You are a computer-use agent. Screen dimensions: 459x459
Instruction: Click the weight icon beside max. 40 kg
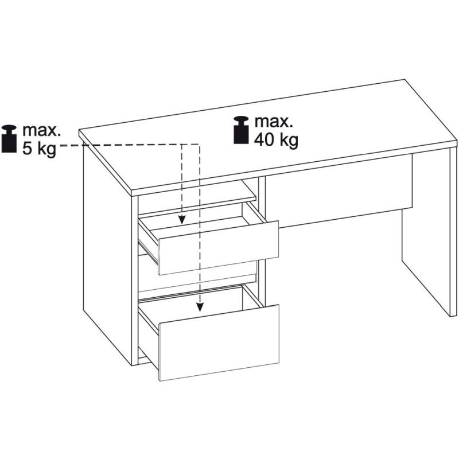click(x=241, y=130)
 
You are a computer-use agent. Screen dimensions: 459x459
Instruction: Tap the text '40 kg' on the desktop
click(x=276, y=139)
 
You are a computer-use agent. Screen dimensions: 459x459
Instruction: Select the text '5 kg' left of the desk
click(x=39, y=149)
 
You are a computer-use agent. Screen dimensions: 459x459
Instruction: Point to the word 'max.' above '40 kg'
click(x=274, y=122)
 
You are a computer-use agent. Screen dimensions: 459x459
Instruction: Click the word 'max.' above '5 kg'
click(x=41, y=131)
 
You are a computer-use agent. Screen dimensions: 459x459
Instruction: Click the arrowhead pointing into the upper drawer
click(x=182, y=220)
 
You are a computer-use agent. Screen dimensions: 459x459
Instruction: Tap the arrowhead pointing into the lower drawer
click(x=200, y=307)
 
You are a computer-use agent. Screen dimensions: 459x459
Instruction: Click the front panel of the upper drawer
click(x=219, y=248)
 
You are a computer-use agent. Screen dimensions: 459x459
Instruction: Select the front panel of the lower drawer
click(x=219, y=343)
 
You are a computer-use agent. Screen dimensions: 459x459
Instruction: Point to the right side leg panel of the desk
click(x=429, y=234)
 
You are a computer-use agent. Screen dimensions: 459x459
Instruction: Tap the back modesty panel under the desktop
click(x=339, y=190)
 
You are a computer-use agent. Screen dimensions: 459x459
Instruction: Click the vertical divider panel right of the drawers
click(x=261, y=240)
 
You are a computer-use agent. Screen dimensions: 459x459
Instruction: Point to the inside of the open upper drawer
click(x=202, y=224)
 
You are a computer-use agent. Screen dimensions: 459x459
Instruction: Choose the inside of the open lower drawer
click(x=202, y=308)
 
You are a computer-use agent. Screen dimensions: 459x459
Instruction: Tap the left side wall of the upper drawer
click(x=148, y=239)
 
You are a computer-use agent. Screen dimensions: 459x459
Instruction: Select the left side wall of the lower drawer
click(x=148, y=334)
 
